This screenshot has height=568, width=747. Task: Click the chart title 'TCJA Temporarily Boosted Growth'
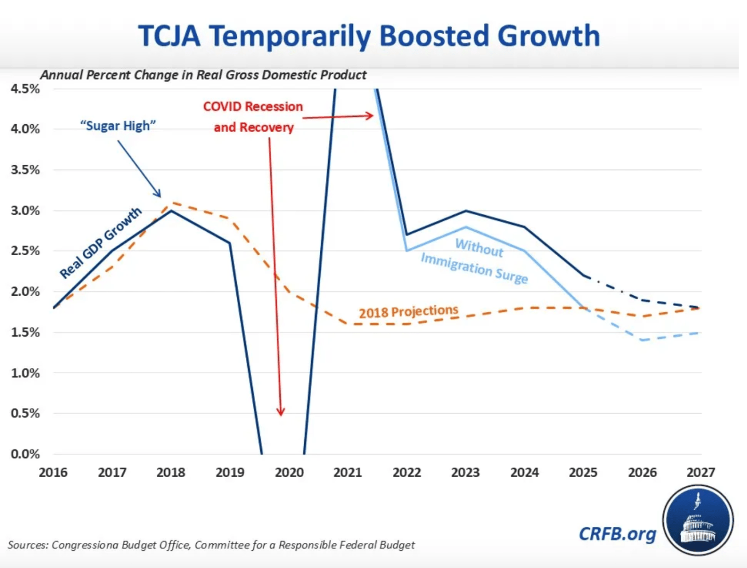point(369,36)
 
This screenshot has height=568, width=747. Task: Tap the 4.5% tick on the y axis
point(25,89)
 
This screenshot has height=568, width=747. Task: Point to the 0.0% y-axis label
point(25,454)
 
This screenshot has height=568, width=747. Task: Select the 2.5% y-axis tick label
point(25,251)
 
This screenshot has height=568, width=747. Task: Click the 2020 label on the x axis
point(289,472)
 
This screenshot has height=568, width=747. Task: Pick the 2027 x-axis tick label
point(701,472)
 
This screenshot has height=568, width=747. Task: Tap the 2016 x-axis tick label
point(53,472)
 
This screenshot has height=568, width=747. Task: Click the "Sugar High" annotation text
point(118,126)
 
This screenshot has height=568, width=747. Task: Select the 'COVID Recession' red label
point(253,107)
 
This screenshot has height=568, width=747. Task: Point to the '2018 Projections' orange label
point(409,312)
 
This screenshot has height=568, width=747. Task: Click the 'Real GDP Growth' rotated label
point(100,243)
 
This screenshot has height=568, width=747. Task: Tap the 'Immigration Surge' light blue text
point(474,268)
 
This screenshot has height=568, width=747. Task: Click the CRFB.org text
point(617,534)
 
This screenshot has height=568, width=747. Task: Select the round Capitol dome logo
point(698,520)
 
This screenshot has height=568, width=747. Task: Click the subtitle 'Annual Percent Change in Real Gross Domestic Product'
point(203,75)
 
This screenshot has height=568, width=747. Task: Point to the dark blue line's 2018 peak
point(171,210)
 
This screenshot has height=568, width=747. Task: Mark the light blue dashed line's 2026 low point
point(642,340)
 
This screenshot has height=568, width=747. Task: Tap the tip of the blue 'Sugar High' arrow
point(160,196)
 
